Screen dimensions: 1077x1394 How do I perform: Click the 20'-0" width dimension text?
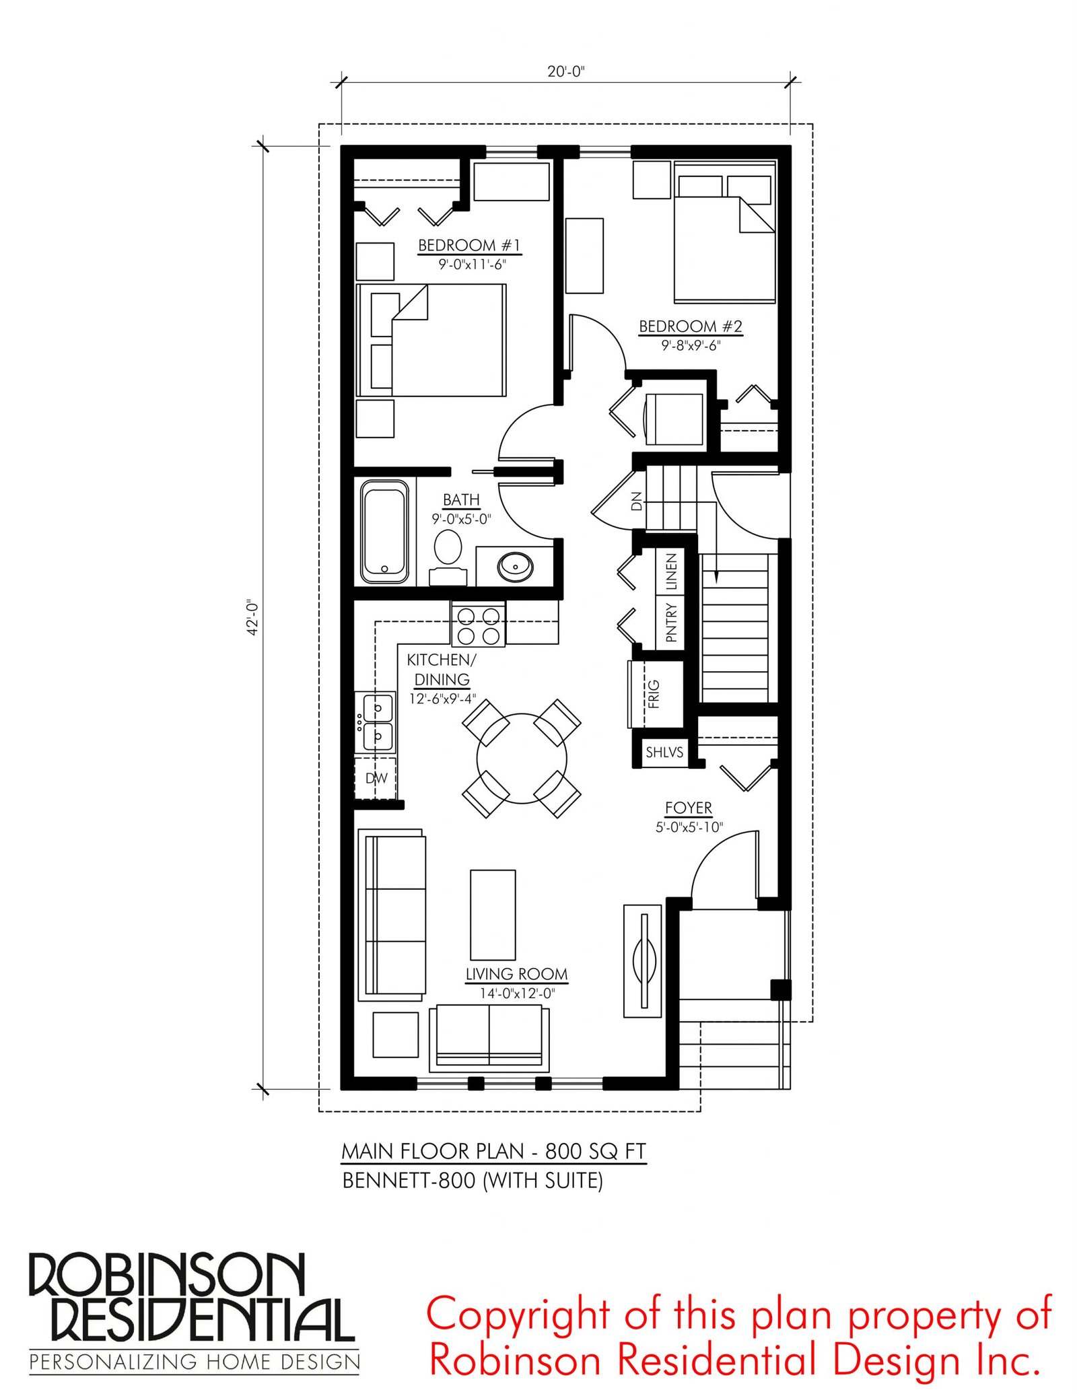565,71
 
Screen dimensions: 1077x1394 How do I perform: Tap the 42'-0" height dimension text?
252,617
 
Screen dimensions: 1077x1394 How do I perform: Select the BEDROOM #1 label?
469,245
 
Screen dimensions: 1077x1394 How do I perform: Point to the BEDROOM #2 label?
691,326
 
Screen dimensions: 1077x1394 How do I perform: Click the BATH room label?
461,500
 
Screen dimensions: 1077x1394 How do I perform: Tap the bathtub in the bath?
384,531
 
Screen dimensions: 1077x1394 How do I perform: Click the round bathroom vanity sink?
516,567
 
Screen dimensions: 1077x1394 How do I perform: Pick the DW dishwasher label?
376,778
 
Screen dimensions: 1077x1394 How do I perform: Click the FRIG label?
654,694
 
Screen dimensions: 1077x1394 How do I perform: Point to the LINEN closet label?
671,572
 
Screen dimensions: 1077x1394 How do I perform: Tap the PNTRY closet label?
671,623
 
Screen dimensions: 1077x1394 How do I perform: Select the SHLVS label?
664,752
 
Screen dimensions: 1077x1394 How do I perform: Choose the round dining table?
522,759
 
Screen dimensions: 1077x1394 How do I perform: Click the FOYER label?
688,808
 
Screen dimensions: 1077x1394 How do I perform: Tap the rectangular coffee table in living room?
493,915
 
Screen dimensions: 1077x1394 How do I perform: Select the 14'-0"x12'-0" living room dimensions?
517,994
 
